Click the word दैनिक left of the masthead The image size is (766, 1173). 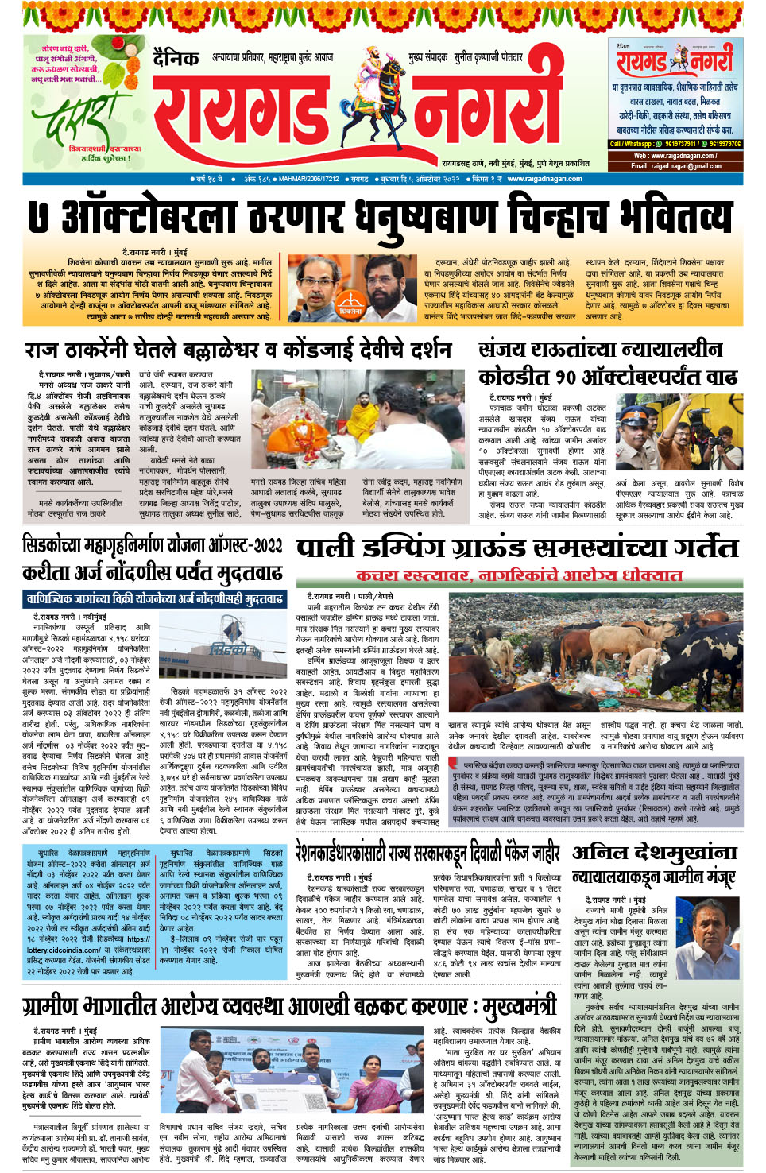click(x=175, y=58)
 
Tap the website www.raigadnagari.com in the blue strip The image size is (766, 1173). click(x=544, y=179)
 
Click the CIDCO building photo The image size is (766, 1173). click(x=227, y=652)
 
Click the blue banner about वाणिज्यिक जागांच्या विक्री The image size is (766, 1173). click(x=153, y=599)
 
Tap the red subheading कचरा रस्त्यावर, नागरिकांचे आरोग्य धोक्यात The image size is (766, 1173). click(x=519, y=575)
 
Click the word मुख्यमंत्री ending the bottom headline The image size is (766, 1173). click(x=520, y=1005)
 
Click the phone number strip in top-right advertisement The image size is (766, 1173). click(x=675, y=144)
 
